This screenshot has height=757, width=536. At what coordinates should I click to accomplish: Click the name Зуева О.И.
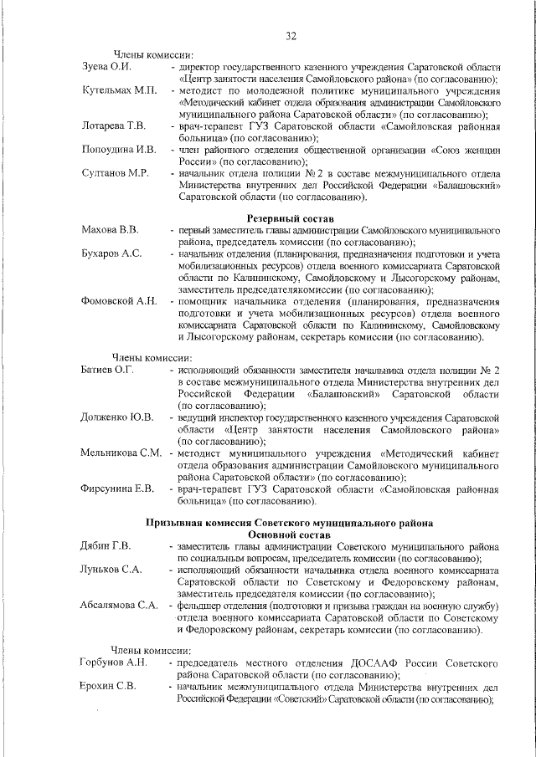[x=105, y=65]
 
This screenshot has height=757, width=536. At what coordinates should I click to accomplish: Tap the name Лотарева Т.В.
[x=114, y=125]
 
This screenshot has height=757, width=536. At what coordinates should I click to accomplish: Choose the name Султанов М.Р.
[x=115, y=173]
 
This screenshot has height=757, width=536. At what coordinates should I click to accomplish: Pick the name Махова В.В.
[x=110, y=228]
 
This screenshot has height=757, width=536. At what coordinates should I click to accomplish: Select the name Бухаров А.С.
[x=111, y=253]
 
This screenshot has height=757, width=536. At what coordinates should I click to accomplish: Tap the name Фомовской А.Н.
[x=118, y=300]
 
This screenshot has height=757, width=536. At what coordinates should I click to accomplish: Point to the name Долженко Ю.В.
[x=117, y=417]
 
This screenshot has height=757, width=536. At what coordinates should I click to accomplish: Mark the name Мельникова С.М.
[x=121, y=453]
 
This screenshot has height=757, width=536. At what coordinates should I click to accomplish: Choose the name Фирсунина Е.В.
[x=116, y=488]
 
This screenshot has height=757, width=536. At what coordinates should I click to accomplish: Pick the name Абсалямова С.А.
[x=119, y=605]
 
